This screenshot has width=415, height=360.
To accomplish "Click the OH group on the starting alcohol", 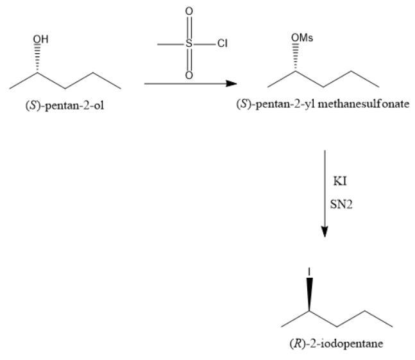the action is [x=40, y=39].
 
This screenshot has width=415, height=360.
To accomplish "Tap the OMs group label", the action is [x=302, y=38].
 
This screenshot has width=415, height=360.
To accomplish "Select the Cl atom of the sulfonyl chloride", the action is [x=223, y=43].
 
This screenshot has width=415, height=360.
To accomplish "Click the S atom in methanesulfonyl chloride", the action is [x=189, y=44].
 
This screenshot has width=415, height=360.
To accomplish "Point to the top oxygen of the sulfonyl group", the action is [x=189, y=11].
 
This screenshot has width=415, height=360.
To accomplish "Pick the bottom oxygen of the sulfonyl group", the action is [x=189, y=76].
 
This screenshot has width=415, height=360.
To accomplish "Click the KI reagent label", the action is [x=340, y=182].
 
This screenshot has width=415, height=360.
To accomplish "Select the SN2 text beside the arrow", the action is [x=341, y=204].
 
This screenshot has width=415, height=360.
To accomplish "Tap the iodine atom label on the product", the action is [x=309, y=271].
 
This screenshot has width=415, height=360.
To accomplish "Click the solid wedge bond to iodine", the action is [x=309, y=294].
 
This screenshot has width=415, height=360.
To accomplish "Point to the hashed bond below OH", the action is [x=37, y=58].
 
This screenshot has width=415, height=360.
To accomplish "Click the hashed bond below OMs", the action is [x=295, y=57].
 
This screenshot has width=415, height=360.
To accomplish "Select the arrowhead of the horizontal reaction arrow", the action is [x=232, y=83].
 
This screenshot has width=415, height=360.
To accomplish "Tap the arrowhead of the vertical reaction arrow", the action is [x=325, y=232].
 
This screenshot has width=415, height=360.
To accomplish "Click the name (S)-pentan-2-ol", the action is [x=65, y=106].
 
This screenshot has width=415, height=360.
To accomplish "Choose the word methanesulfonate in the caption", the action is [x=364, y=104].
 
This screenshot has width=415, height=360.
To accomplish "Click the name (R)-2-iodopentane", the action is [x=336, y=343].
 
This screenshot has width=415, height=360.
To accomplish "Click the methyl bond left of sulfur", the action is [x=171, y=44].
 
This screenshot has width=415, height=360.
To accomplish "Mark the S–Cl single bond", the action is [x=205, y=44].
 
